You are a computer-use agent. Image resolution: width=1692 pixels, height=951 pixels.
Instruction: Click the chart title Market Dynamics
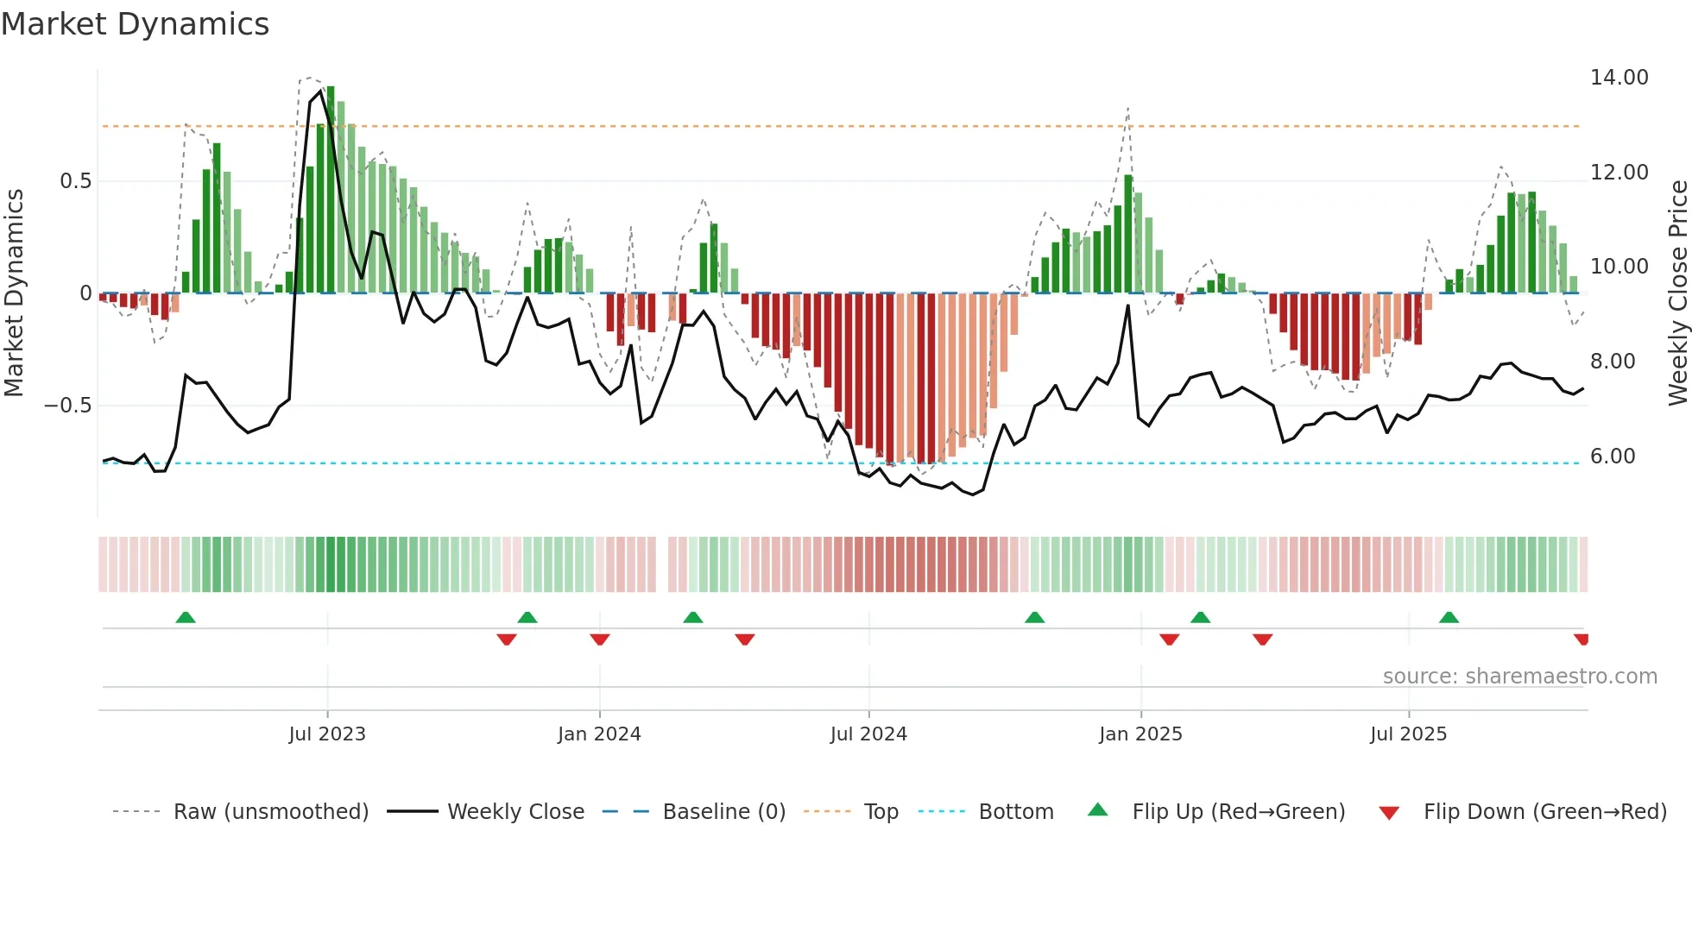[135, 24]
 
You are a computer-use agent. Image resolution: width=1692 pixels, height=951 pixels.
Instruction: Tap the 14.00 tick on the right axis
[1619, 78]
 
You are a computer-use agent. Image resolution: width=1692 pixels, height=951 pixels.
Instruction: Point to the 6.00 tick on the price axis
[1612, 457]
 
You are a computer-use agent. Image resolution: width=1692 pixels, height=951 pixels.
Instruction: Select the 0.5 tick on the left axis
[75, 181]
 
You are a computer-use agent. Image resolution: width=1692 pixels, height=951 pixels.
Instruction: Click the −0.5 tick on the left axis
[67, 406]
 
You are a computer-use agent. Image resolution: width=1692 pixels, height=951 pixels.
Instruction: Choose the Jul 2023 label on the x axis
[327, 734]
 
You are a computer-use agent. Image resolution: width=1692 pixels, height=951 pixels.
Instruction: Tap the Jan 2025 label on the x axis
[1140, 734]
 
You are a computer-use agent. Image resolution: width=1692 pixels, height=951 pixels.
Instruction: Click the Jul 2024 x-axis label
[868, 734]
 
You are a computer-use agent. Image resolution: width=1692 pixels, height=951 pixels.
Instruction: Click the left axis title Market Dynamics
[14, 293]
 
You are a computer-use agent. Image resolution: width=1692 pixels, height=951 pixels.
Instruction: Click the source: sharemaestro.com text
[1519, 677]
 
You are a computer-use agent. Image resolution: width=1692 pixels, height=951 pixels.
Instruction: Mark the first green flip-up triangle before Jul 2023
[186, 617]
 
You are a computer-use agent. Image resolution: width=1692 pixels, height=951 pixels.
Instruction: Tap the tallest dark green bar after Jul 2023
[331, 190]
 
